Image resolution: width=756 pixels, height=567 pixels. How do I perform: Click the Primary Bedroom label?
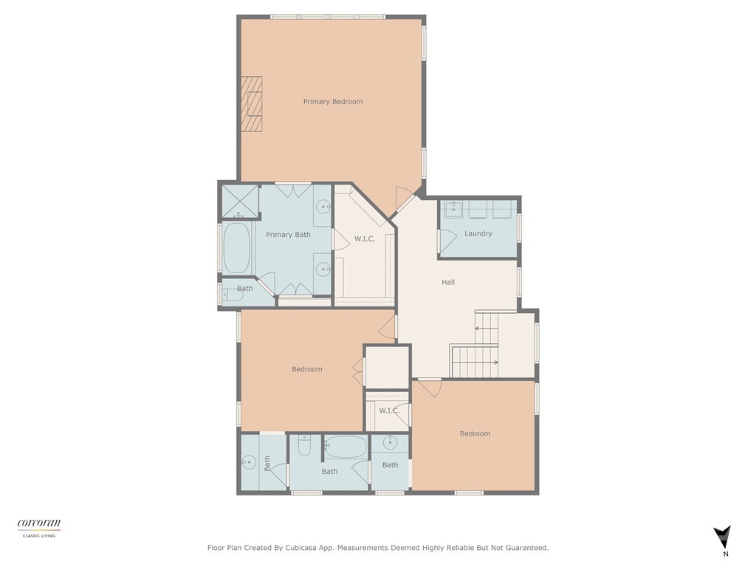point(333,102)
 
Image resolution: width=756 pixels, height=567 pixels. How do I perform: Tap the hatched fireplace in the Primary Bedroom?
point(253,104)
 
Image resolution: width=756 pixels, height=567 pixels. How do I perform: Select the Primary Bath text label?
point(288,235)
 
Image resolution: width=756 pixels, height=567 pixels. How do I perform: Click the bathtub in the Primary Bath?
point(237,248)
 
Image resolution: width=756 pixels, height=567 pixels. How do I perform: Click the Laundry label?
point(478,234)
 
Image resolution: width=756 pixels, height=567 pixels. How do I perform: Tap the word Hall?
point(448,282)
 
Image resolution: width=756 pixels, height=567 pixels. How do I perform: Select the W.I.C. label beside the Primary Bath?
point(365,238)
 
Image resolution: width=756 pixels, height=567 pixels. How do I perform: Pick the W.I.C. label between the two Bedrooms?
point(389,410)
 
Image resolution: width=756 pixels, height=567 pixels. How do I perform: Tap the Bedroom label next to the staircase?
point(475,434)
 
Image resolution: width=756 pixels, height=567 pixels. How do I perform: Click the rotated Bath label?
point(267,463)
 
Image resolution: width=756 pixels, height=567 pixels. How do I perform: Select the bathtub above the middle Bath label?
point(346,447)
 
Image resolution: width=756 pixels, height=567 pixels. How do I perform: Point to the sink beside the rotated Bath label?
point(247,463)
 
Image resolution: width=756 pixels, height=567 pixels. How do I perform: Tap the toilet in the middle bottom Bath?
point(305,447)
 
